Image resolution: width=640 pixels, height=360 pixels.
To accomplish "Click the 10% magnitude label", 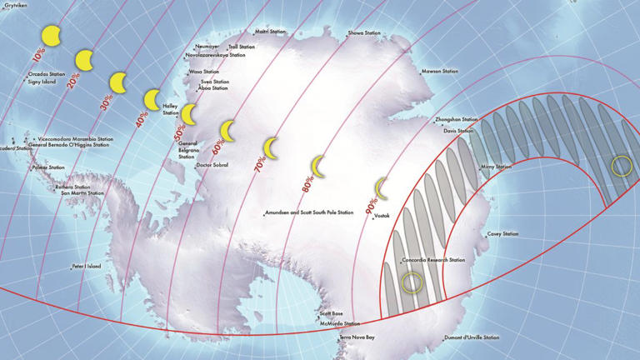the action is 38,56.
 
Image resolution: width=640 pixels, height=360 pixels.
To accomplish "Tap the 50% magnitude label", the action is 178,132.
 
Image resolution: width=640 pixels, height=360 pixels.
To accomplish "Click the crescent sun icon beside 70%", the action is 270,147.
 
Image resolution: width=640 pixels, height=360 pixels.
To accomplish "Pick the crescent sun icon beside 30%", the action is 118,82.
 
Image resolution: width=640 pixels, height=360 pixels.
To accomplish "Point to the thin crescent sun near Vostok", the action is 382,188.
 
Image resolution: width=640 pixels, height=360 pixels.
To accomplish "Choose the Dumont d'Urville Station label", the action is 472,337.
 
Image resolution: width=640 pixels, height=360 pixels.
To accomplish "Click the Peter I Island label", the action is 86,267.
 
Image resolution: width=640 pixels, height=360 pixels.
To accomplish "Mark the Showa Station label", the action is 364,33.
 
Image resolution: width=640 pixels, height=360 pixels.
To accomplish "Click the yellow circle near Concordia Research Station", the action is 412,282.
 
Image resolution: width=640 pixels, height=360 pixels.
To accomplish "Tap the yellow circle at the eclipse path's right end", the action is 621,165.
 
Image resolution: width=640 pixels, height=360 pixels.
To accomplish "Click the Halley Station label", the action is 170,108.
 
